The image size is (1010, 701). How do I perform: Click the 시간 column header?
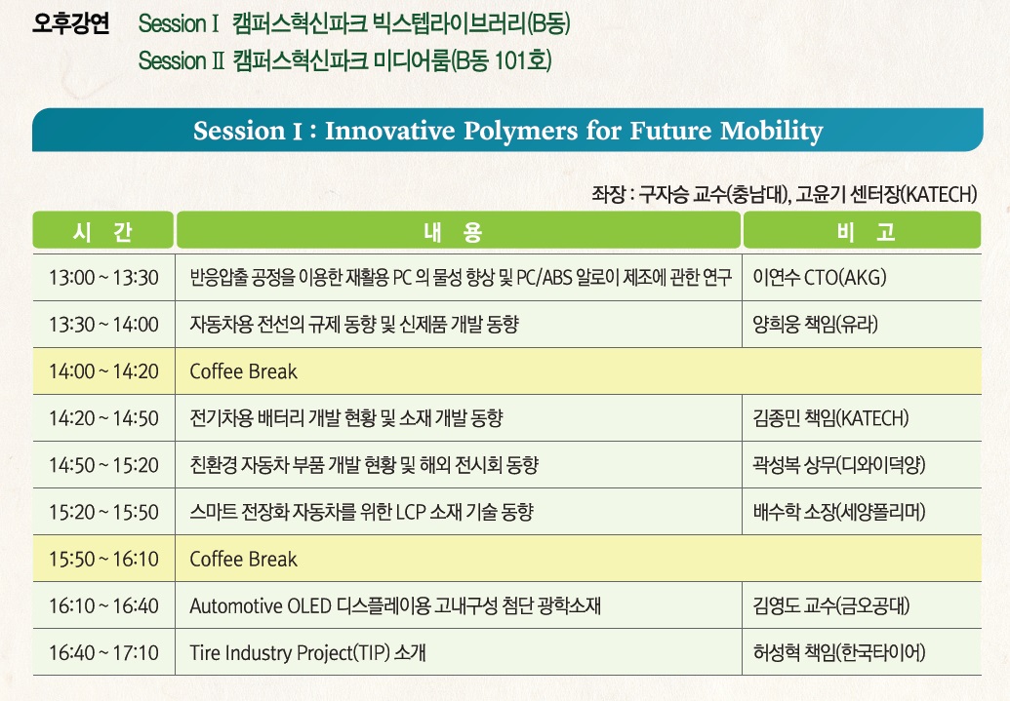[103, 230]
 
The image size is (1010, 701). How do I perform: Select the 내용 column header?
[459, 230]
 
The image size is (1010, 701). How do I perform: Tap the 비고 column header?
[863, 230]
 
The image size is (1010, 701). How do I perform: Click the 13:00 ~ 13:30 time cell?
[103, 278]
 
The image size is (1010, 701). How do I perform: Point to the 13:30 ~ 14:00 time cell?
[103, 325]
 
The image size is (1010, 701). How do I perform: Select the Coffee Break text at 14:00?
[244, 371]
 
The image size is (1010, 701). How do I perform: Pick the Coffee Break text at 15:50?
[244, 559]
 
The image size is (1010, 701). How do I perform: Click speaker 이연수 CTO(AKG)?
[820, 278]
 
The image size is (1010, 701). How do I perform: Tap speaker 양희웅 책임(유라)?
[816, 325]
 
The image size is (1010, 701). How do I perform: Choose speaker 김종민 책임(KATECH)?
[830, 418]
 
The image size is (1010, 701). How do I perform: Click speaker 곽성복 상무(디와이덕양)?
[838, 465]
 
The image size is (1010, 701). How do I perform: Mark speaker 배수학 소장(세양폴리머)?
[838, 512]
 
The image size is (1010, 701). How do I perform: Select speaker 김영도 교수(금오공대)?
[830, 605]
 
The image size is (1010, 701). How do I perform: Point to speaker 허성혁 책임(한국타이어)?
[838, 652]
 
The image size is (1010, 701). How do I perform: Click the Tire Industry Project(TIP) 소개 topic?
[307, 652]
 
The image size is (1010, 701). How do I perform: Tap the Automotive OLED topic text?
[395, 605]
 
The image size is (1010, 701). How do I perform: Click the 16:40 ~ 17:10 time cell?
[103, 652]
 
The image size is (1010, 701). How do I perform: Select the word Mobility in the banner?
[772, 131]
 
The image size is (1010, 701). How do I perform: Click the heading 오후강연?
[71, 23]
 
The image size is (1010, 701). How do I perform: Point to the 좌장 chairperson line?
[785, 194]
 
